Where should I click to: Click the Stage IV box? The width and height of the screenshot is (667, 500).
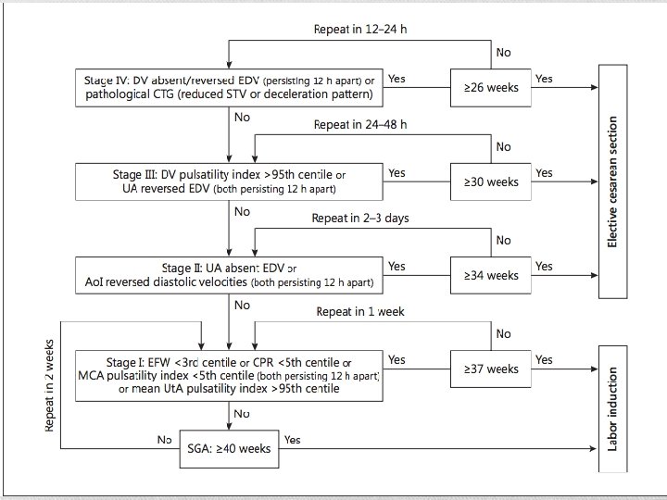coord(228,87)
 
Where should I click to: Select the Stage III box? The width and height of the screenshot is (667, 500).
coord(228,181)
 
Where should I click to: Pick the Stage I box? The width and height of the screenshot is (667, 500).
coord(228,374)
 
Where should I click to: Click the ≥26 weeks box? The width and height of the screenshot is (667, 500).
coord(490,88)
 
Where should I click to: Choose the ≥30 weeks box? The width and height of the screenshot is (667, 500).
coord(490,181)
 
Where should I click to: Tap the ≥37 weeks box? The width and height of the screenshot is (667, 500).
coord(490,369)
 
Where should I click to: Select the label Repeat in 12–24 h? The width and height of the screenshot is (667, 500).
coord(359,29)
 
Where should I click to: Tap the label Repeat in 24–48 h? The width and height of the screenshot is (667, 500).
coord(359,124)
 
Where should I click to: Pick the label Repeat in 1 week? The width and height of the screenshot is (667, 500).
coord(359,311)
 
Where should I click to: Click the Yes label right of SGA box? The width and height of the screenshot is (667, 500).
coord(292,439)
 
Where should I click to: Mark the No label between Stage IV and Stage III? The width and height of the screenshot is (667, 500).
coord(242,118)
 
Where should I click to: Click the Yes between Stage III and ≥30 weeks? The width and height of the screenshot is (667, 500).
coord(396,172)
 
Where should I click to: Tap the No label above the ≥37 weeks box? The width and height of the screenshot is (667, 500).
coord(503,333)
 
